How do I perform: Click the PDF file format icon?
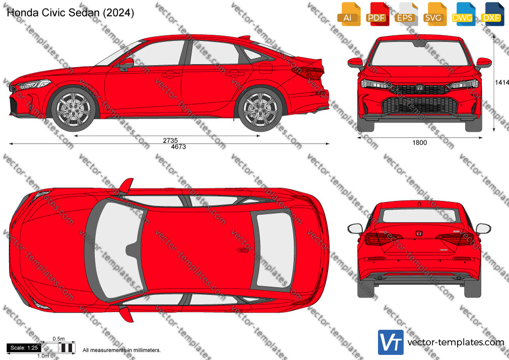[x=376, y=14]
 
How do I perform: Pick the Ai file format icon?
[x=349, y=14]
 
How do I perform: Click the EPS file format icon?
[x=406, y=14]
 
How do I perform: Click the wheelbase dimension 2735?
[x=170, y=140]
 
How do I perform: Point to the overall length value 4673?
[x=178, y=147]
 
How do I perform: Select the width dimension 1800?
[x=419, y=143]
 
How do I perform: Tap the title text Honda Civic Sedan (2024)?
[x=70, y=13]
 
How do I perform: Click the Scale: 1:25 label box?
[x=24, y=348]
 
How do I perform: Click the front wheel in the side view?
[x=74, y=109]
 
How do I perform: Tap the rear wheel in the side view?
[x=261, y=109]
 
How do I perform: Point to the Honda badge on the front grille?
[x=419, y=88]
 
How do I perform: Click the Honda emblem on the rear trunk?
[x=419, y=233]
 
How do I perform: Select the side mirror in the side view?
[x=126, y=64]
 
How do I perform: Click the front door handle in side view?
[x=171, y=75]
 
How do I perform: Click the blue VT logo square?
[x=391, y=342]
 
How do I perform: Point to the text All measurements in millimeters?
[x=121, y=350]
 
